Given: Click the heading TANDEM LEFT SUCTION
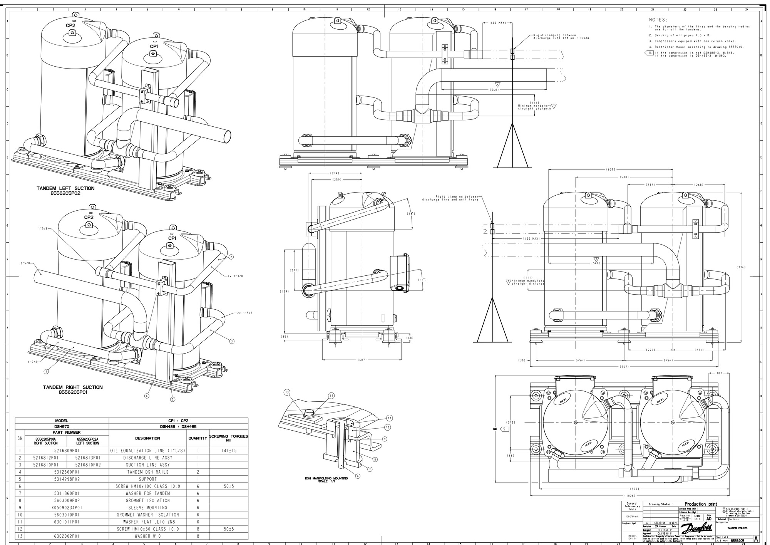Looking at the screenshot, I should point(65,188).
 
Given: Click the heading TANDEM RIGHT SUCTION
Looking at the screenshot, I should point(73,387).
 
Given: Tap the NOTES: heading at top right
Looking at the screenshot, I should point(658,20).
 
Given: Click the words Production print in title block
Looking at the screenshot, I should point(701,504).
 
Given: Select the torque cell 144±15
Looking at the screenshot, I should point(228,450).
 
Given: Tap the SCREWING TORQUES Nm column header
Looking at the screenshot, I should point(228,438).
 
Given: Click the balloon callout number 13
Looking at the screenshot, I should point(286,392).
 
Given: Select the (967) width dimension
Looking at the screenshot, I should point(624,367).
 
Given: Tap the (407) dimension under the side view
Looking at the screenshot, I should point(362,360).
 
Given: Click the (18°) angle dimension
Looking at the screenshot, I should point(411,213).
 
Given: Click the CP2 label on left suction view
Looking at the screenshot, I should point(70,25).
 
